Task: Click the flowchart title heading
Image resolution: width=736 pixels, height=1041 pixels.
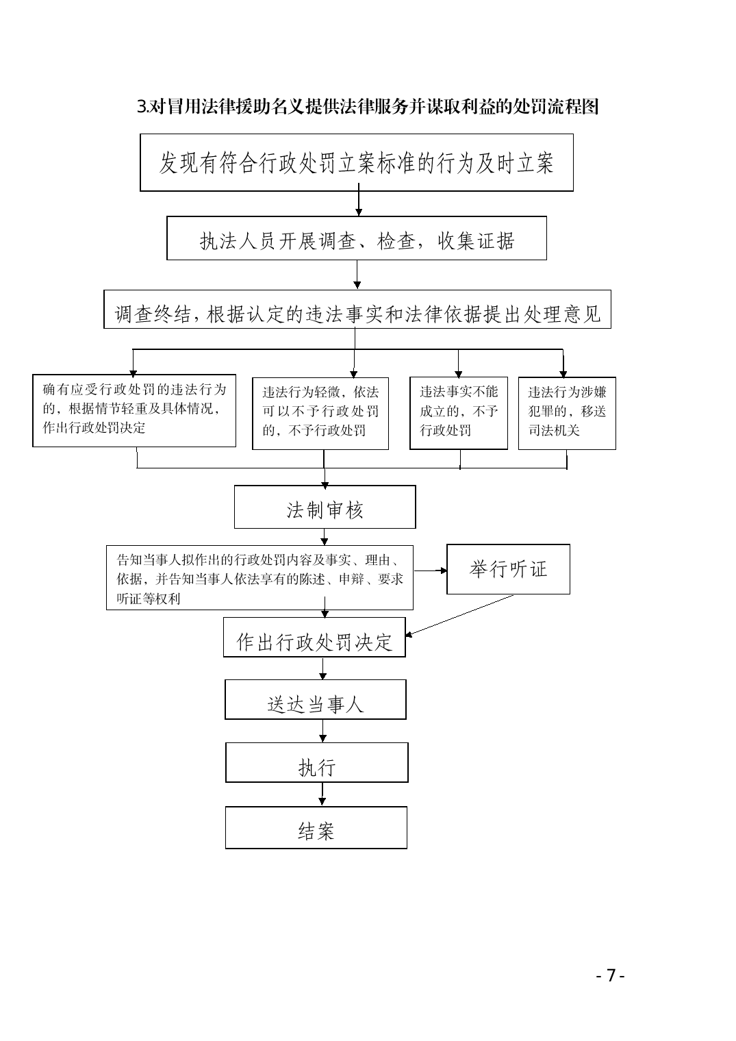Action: pos(368,107)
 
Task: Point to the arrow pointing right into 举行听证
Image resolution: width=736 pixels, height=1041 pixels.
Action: pos(430,570)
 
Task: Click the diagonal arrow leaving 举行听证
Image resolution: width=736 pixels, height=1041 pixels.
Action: pos(459,615)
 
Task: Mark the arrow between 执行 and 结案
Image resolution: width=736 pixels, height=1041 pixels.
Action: pos(322,794)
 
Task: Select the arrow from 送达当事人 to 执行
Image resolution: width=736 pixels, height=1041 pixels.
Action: pos(323,731)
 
